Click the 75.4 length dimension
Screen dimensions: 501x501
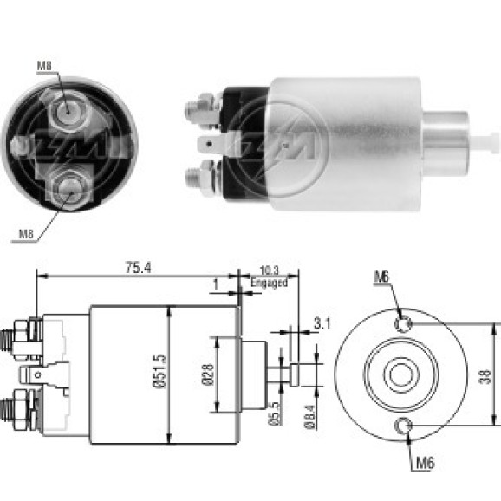point(138,268)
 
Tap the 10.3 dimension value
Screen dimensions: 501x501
point(269,270)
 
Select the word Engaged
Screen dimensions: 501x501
point(269,283)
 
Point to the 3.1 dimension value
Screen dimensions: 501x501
point(322,323)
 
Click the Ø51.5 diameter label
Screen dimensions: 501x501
point(159,371)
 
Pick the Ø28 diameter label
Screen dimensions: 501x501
point(208,374)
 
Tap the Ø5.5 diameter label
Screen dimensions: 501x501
point(275,413)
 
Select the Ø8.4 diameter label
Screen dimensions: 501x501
point(309,417)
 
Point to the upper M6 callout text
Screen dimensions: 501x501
point(382,277)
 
